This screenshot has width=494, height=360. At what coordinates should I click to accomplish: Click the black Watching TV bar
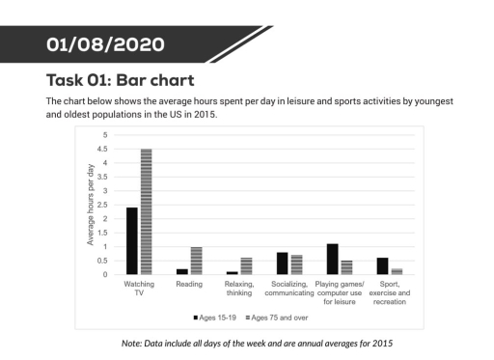132,241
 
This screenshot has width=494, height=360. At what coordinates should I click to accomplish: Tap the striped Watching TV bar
147,212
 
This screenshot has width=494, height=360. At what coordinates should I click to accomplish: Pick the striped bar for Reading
196,261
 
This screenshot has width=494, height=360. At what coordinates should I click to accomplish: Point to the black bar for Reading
182,271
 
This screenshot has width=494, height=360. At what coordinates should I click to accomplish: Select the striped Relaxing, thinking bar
246,266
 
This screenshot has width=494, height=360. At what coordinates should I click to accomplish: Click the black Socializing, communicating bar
282,263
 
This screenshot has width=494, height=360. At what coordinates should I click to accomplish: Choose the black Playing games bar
332,259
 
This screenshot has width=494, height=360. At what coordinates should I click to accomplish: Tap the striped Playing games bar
346,267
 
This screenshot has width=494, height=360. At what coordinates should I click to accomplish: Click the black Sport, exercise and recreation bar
382,266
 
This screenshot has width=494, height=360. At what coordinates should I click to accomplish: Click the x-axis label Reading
187,285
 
